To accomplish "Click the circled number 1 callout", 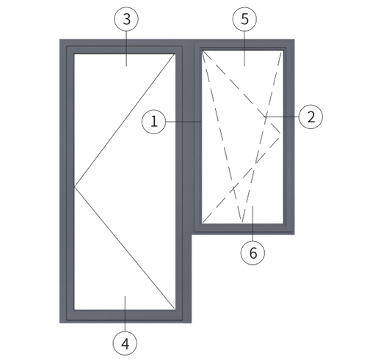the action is [x=154, y=122].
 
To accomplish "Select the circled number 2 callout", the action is [x=310, y=117].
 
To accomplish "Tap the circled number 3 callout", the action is [x=126, y=19].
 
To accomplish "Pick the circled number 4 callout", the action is [x=125, y=343].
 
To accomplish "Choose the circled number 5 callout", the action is [x=244, y=19].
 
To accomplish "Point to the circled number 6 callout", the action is [x=252, y=252].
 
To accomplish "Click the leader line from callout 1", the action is [x=183, y=122].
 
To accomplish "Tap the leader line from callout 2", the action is [x=282, y=117].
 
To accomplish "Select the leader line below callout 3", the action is [x=126, y=48].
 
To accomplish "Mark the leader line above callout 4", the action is [x=125, y=314].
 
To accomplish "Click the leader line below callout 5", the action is [x=244, y=48].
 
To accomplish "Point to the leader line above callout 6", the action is [x=252, y=224].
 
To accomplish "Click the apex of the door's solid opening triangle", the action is [x=74, y=187].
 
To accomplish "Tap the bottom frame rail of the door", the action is [x=125, y=317].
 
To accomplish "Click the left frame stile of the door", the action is [x=67, y=181].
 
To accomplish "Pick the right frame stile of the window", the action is [x=288, y=136].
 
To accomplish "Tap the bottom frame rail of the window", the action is [x=243, y=229].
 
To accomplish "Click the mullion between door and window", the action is [x=189, y=137].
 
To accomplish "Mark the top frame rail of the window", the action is [x=244, y=45].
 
